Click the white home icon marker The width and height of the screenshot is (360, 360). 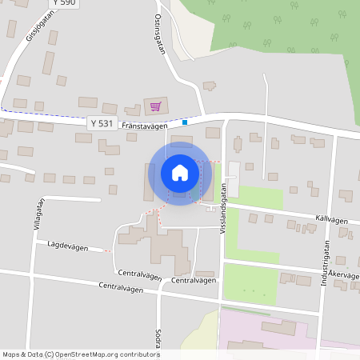coord(180,172)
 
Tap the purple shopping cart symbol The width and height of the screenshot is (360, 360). coord(155,106)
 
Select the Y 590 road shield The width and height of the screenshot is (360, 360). coord(63,4)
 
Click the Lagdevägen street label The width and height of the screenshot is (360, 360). coord(66,244)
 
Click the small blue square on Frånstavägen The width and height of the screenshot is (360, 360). coord(185,122)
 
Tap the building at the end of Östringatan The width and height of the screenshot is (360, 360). coord(209,86)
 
